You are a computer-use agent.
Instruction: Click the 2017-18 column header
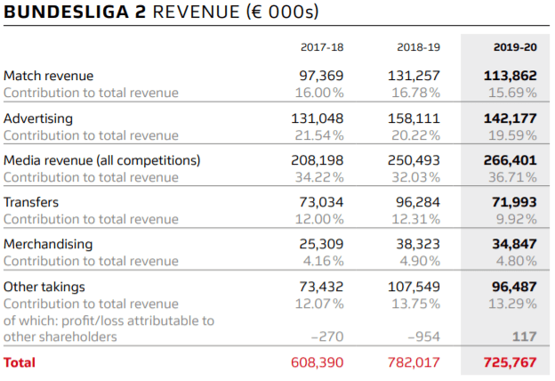pyautogui.click(x=322, y=47)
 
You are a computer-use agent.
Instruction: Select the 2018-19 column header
pyautogui.click(x=418, y=47)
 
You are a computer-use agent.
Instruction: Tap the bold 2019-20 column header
pyautogui.click(x=515, y=47)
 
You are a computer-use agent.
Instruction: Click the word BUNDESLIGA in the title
pyautogui.click(x=67, y=12)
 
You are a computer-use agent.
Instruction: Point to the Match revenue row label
pyautogui.click(x=49, y=76)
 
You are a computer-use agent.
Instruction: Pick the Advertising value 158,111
pyautogui.click(x=414, y=118)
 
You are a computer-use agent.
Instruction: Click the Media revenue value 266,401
pyautogui.click(x=510, y=160)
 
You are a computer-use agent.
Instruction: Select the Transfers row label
pyautogui.click(x=31, y=202)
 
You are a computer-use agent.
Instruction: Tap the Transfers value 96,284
pyautogui.click(x=418, y=202)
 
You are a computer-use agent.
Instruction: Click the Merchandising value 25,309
pyautogui.click(x=321, y=244)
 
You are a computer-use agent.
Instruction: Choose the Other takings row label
pyautogui.click(x=44, y=287)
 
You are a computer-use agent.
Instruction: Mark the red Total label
pyautogui.click(x=20, y=362)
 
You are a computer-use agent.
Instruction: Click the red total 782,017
pyautogui.click(x=414, y=362)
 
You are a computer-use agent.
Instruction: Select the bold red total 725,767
pyautogui.click(x=510, y=362)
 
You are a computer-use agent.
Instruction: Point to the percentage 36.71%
pyautogui.click(x=512, y=177)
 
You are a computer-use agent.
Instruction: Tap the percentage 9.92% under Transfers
pyautogui.click(x=517, y=219)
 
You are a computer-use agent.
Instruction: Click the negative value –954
pyautogui.click(x=423, y=336)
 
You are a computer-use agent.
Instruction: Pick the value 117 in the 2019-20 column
pyautogui.click(x=525, y=336)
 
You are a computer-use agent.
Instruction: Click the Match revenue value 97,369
pyautogui.click(x=321, y=76)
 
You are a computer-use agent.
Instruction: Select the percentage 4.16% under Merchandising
pyautogui.click(x=323, y=261)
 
